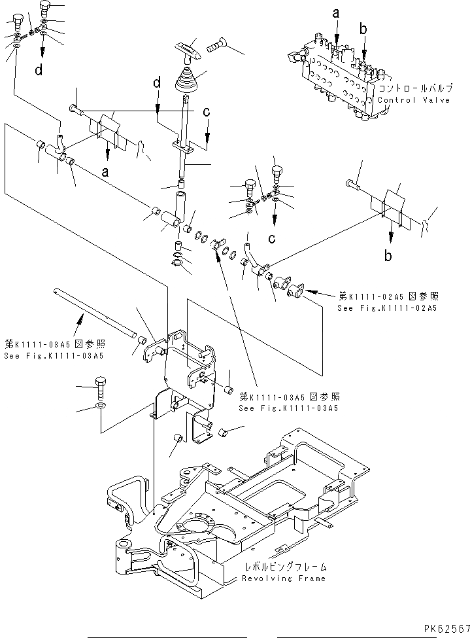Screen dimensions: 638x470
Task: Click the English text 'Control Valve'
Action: [414, 100]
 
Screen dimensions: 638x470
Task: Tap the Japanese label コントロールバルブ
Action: [414, 88]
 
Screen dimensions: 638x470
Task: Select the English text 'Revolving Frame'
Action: [283, 578]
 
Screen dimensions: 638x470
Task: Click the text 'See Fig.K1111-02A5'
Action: [386, 307]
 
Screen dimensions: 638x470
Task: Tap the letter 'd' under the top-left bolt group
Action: [39, 71]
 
